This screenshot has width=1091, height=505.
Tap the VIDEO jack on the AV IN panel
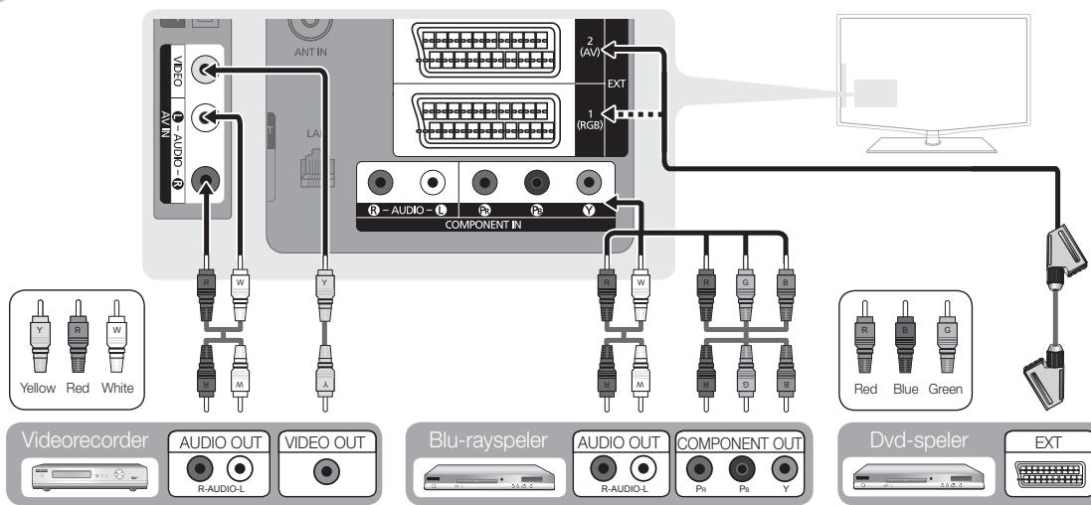pos(207,72)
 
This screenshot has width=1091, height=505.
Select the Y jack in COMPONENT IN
pos(591,184)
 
